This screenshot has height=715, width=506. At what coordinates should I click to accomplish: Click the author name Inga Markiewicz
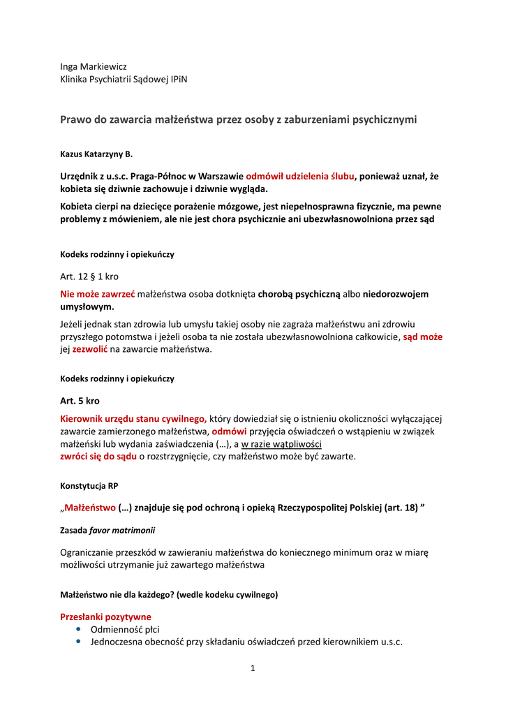pyautogui.click(x=93, y=66)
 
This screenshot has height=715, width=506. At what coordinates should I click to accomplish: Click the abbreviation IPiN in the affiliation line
pyautogui.click(x=177, y=80)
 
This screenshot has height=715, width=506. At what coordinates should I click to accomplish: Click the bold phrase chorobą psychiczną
pyautogui.click(x=299, y=294)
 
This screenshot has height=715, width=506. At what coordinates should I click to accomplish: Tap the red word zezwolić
pyautogui.click(x=91, y=349)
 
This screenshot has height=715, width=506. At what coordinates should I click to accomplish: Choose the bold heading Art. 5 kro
pyautogui.click(x=80, y=401)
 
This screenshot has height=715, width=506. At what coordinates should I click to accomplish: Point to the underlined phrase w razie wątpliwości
pyautogui.click(x=281, y=443)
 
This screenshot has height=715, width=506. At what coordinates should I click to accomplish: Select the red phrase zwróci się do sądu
pyautogui.click(x=98, y=456)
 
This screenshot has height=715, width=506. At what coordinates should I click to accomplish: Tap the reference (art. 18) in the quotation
pyautogui.click(x=400, y=508)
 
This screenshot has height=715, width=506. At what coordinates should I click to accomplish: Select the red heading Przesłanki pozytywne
pyautogui.click(x=105, y=617)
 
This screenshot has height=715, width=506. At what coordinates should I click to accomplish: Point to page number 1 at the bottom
pyautogui.click(x=253, y=668)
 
